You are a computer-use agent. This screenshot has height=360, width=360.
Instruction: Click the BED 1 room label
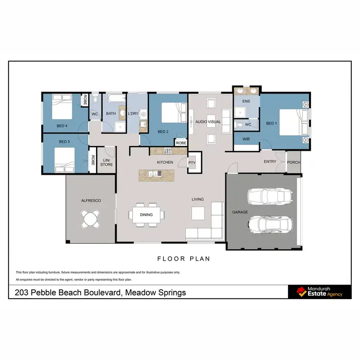(x=272, y=123)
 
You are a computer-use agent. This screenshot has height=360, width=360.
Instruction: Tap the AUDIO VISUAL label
(x=208, y=122)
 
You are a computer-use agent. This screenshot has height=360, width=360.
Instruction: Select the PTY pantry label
(x=192, y=162)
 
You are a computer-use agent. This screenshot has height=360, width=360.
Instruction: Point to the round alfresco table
(x=91, y=220)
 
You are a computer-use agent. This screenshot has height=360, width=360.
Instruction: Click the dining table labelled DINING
(x=146, y=215)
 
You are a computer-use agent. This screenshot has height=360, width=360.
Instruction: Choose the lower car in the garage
(x=270, y=223)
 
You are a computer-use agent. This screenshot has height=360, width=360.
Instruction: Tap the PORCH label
(x=293, y=162)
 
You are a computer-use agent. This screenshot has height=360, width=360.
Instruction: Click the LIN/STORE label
(x=107, y=162)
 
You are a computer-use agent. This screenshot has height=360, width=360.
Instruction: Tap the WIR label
(x=247, y=139)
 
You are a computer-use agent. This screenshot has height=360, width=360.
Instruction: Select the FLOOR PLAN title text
(x=184, y=259)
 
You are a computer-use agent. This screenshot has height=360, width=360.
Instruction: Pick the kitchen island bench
(x=158, y=175)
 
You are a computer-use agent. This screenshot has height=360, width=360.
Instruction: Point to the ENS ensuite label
(x=246, y=101)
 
